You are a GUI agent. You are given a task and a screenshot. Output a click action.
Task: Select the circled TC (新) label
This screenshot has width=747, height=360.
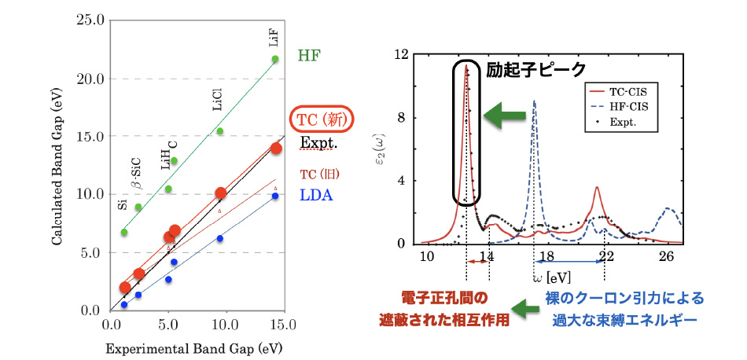[322, 120]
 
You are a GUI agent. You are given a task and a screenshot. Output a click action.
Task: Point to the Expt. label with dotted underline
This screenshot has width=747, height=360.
[318, 144]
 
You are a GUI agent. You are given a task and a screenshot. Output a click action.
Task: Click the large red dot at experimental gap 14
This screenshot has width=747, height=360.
[276, 149]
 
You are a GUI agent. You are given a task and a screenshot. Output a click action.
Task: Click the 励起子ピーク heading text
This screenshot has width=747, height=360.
[536, 69]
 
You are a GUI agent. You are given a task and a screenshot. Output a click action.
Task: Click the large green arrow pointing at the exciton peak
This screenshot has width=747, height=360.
[503, 116]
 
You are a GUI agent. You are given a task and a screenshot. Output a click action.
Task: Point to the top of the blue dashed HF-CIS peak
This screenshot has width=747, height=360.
[535, 101]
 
